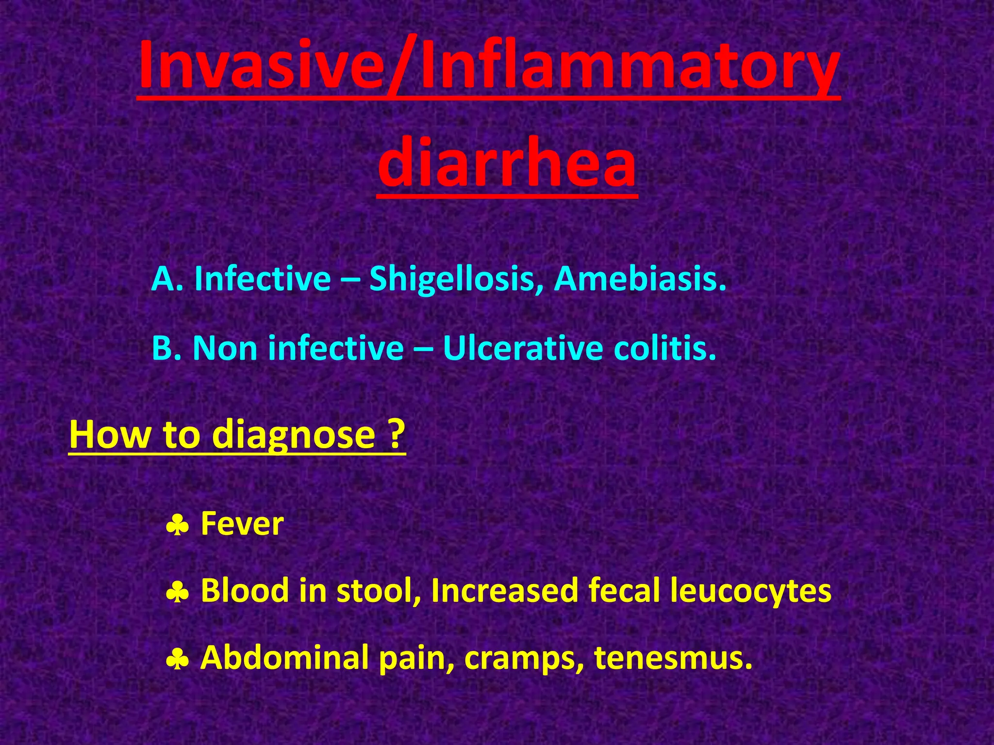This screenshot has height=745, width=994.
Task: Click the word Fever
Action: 242,524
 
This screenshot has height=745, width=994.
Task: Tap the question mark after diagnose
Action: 397,434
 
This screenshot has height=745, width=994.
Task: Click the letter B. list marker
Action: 166,348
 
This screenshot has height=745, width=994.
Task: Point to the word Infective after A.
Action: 262,279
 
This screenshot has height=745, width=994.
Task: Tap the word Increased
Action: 505,590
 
